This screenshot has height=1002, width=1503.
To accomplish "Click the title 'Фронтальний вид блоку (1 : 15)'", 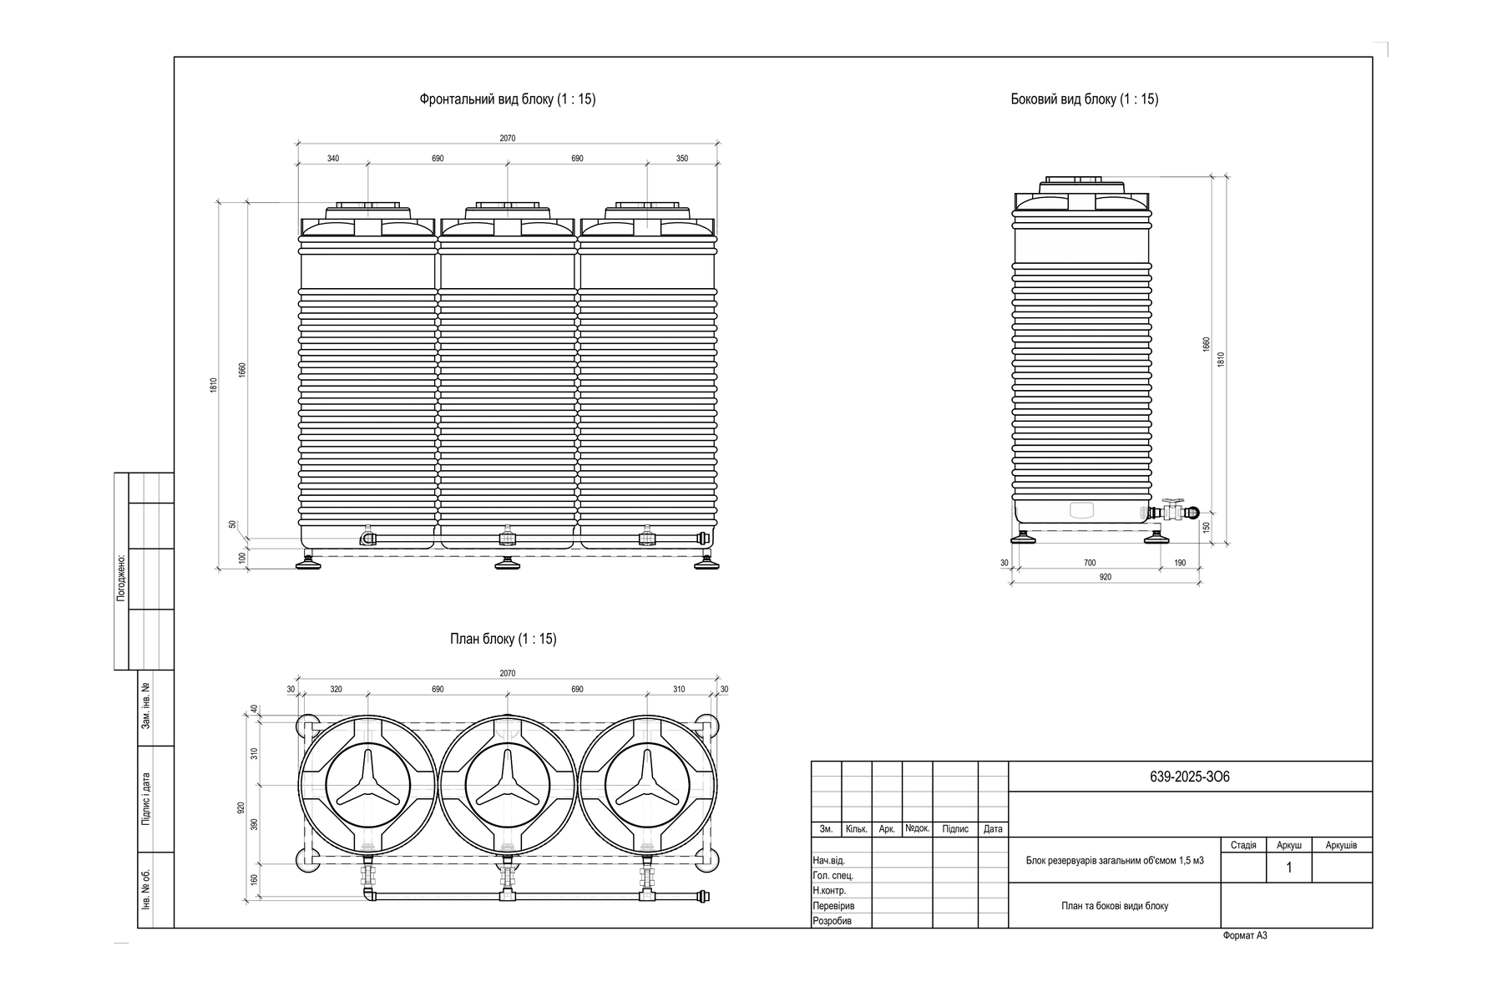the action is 507,99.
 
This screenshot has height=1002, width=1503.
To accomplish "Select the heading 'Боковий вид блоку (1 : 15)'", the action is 1084,99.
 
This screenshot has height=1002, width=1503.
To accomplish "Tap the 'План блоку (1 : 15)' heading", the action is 503,639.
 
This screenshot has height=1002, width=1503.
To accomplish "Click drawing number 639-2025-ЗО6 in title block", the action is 1190,777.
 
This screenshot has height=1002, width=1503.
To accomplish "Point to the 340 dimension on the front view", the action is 333,159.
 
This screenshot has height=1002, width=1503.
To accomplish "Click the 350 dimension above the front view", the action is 682,159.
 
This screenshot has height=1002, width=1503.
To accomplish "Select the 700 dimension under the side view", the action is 1090,563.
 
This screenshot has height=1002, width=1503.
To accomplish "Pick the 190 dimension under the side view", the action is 1180,563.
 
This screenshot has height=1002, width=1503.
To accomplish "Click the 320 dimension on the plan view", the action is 336,690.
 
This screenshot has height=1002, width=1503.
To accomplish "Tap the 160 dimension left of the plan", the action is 255,879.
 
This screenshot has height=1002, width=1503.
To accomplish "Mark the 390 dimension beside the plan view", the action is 255,824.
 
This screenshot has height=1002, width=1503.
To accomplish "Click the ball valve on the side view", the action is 1172,509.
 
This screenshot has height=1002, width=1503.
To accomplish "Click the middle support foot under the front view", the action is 507,564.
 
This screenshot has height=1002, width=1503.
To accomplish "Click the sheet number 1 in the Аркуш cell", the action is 1289,868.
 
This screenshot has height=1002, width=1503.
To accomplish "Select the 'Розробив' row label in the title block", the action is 832,921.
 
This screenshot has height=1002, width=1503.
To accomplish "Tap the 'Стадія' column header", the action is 1243,846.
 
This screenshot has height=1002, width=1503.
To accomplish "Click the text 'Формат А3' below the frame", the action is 1245,936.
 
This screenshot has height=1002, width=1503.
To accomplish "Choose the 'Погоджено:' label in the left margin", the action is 121,577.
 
